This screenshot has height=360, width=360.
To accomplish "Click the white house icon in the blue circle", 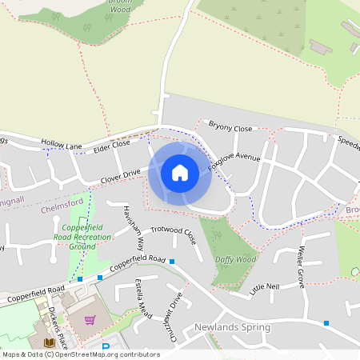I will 180,172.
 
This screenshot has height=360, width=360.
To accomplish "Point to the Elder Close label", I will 111,146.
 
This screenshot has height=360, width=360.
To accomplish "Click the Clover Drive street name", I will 120,173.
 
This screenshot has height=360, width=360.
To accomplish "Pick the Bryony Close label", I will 230,127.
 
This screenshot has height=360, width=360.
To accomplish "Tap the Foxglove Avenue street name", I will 234,158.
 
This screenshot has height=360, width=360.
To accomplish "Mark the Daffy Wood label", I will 235,259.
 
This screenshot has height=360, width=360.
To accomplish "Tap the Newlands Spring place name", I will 232,327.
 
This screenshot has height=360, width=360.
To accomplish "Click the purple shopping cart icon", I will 90,320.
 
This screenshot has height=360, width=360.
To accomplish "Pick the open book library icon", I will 50,343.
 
